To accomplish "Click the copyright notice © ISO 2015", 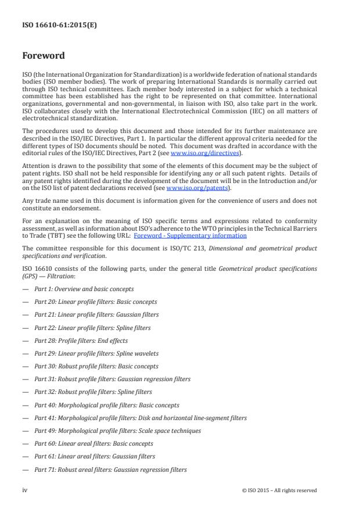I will click(279, 490).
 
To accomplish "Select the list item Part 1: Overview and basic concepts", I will click(84, 289).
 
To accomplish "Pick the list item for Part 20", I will click(96, 302).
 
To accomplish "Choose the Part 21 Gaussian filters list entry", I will click(96, 314).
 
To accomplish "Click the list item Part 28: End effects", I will click(81, 340).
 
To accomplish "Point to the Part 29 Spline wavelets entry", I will click(96, 353).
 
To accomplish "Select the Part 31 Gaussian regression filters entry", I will click(112, 379).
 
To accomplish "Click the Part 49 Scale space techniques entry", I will click(118, 431).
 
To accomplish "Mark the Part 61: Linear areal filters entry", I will click(95, 457).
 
